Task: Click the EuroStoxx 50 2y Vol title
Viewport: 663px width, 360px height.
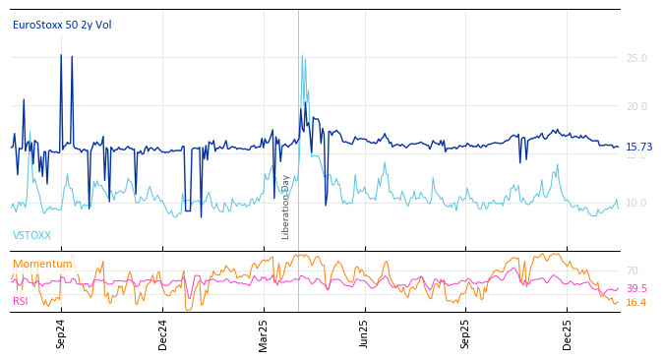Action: click(x=62, y=25)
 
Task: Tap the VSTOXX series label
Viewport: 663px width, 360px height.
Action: click(x=31, y=236)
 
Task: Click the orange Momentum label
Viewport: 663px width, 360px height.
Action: click(x=42, y=264)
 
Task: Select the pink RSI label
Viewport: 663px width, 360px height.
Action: click(x=21, y=301)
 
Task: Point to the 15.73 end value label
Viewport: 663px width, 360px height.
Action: click(x=638, y=148)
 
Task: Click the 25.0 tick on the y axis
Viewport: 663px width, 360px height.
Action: click(x=636, y=59)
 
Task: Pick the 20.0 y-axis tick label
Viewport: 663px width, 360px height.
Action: click(x=636, y=107)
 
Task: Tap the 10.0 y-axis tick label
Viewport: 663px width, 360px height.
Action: click(x=636, y=204)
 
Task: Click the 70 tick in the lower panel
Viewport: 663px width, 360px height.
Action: click(x=632, y=270)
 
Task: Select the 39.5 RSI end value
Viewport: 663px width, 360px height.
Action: click(x=635, y=289)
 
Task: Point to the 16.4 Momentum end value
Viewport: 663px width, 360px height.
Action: click(x=635, y=303)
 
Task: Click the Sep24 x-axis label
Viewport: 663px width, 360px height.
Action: click(x=61, y=333)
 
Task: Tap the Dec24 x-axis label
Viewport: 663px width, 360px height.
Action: click(x=163, y=333)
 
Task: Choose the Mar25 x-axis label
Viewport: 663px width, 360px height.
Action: click(x=264, y=333)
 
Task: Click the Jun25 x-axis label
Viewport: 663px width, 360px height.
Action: click(x=365, y=333)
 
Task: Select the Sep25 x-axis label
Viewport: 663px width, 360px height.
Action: click(x=465, y=333)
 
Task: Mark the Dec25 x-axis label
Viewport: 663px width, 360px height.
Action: click(x=568, y=333)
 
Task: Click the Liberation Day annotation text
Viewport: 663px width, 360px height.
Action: click(x=286, y=207)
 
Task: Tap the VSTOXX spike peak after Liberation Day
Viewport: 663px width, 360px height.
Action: click(x=302, y=55)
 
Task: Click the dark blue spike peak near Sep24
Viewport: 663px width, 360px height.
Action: click(x=61, y=55)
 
